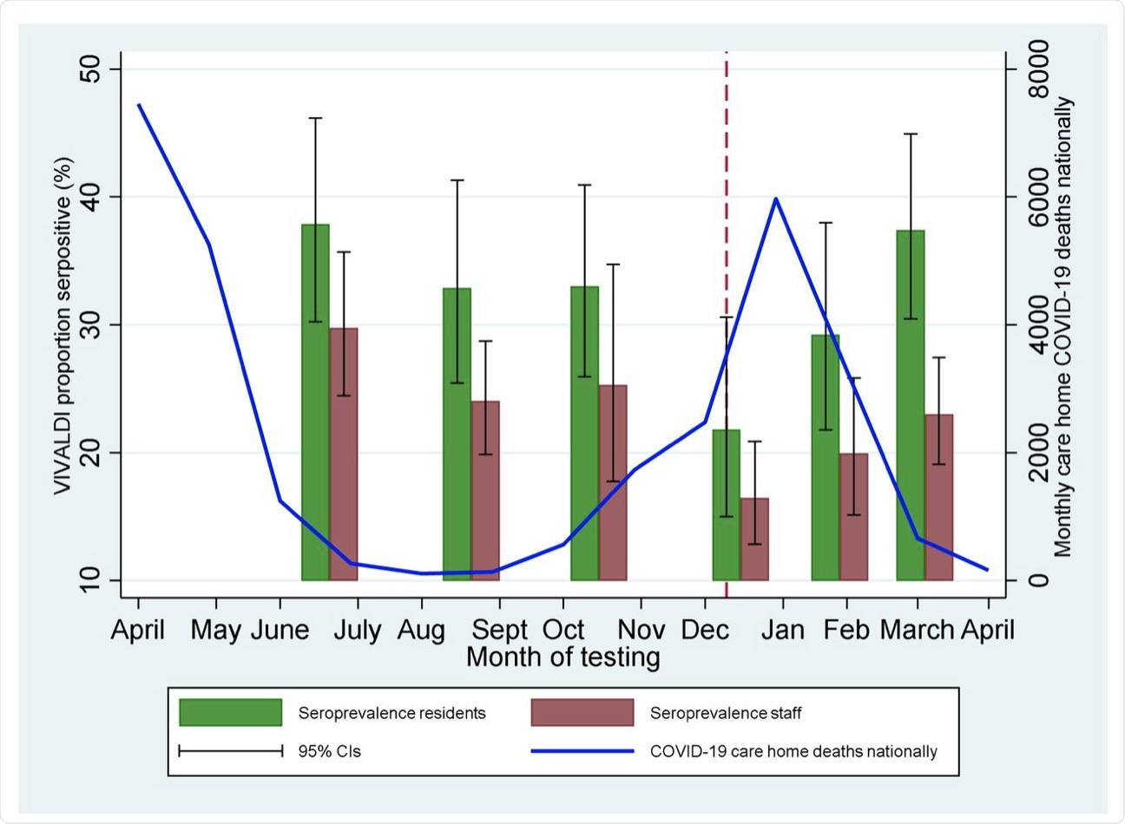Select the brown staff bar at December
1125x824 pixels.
pyautogui.click(x=754, y=539)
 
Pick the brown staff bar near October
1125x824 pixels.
pyautogui.click(x=613, y=482)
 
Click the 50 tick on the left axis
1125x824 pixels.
pyautogui.click(x=89, y=69)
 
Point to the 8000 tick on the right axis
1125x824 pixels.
pyautogui.click(x=1038, y=69)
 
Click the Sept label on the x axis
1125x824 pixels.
pyautogui.click(x=499, y=629)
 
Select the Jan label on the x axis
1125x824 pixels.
pyautogui.click(x=783, y=629)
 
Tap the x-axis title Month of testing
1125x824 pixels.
pyautogui.click(x=562, y=657)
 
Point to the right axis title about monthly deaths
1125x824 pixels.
pyautogui.click(x=1064, y=325)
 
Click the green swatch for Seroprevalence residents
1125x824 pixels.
pyautogui.click(x=231, y=713)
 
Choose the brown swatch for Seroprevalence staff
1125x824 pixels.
pyautogui.click(x=582, y=713)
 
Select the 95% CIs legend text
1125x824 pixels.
pyautogui.click(x=330, y=751)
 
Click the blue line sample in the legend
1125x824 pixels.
pyautogui.click(x=582, y=751)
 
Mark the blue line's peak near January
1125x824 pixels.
pyautogui.click(x=776, y=199)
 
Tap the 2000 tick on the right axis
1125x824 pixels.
pyautogui.click(x=1038, y=453)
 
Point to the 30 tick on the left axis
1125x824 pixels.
pyautogui.click(x=89, y=325)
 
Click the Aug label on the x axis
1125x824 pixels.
pyautogui.click(x=421, y=629)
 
